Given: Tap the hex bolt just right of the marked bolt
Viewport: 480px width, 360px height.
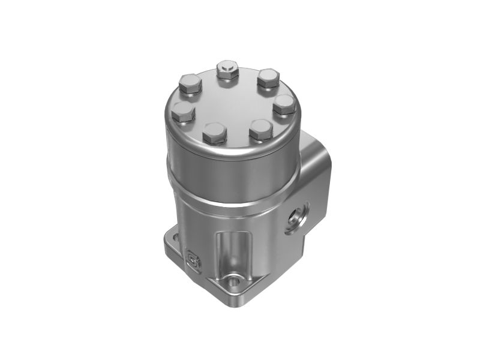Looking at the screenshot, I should (x=268, y=78).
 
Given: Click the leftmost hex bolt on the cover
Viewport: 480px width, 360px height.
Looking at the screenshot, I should (x=182, y=112).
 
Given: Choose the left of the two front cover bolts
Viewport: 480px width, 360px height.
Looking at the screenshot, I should (x=215, y=133).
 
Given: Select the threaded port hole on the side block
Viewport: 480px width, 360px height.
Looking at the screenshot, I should (x=297, y=217).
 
